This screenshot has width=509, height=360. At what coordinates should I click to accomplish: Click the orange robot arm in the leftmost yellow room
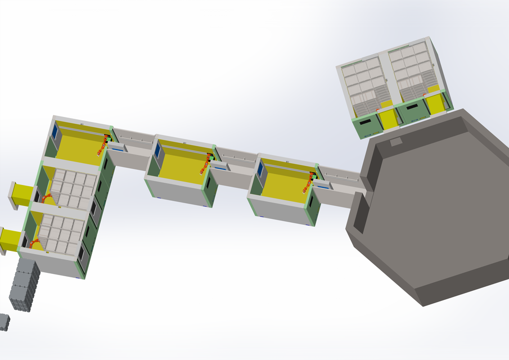coord(102,147)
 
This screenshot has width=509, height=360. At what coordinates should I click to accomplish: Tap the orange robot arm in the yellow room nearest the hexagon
coord(308,183)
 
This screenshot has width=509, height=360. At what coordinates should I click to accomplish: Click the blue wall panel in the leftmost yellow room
coord(55,132)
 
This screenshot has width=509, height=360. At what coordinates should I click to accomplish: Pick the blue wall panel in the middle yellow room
coord(157,150)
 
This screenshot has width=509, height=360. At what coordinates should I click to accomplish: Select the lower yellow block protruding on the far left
coord(10,239)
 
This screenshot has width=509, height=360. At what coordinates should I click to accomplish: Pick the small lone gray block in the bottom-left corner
coord(4,321)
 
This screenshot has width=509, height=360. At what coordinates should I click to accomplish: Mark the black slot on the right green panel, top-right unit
coord(412,107)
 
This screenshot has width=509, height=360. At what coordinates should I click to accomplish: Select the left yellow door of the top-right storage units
coord(388,119)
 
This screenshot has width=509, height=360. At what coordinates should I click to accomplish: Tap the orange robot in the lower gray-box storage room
coord(37,243)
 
